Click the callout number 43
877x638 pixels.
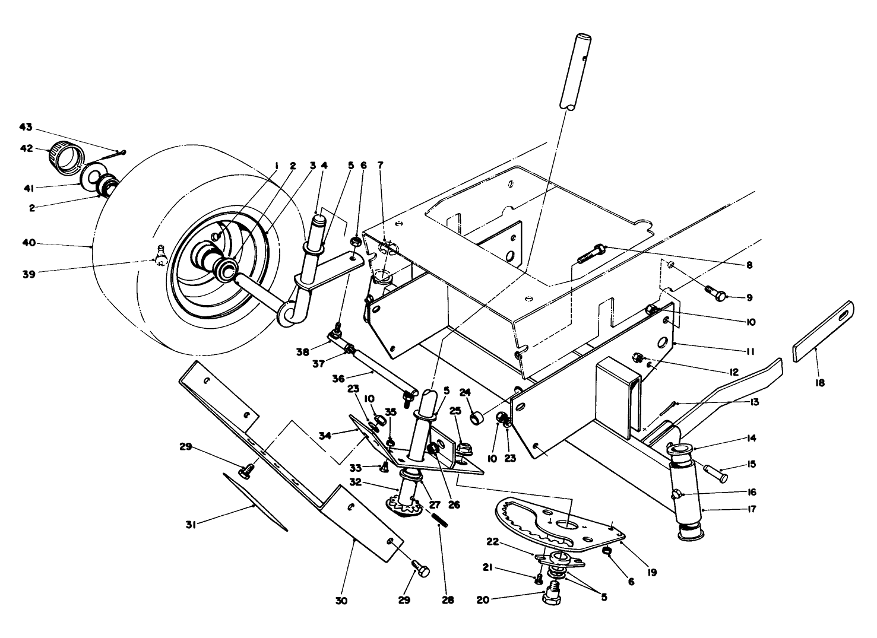click(x=26, y=128)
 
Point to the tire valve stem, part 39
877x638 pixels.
click(x=160, y=256)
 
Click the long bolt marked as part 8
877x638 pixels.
click(x=591, y=253)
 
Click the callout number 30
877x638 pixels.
click(x=341, y=600)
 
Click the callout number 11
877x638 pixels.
click(x=751, y=351)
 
